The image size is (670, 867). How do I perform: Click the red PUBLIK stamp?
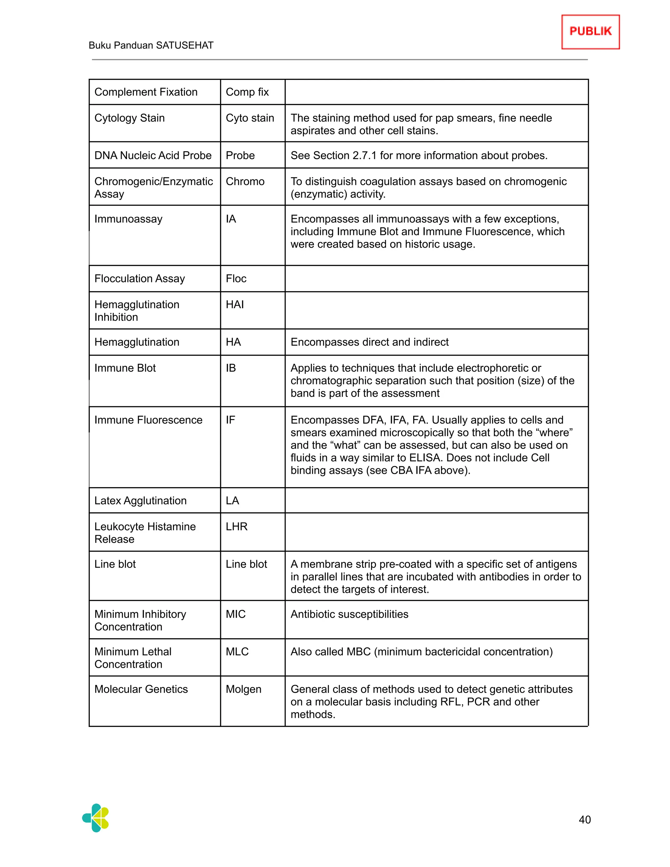(x=590, y=32)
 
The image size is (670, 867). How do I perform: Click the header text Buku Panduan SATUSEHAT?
(x=151, y=45)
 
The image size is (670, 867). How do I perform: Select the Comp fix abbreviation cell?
(x=247, y=92)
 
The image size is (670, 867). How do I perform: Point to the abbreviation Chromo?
(x=245, y=182)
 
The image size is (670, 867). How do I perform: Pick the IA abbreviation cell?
(x=231, y=219)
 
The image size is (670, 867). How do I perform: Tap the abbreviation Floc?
(x=236, y=279)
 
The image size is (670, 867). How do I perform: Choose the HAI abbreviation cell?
(x=235, y=305)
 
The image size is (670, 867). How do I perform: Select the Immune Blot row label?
(x=125, y=368)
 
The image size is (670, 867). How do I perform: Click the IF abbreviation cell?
(x=230, y=420)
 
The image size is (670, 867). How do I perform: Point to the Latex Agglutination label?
(x=140, y=501)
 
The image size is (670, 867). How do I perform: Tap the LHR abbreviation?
(x=237, y=526)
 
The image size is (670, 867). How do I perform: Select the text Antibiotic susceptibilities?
(x=349, y=614)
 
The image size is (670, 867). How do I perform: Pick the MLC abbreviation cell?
(x=237, y=651)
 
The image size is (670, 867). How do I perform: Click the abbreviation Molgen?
(x=243, y=689)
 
